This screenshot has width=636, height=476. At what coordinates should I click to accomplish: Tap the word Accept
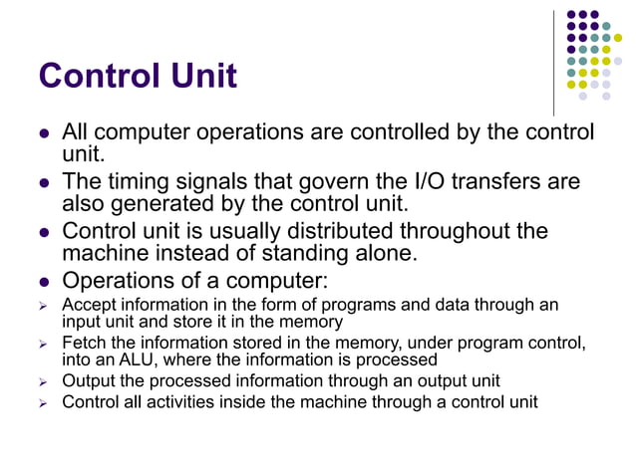click(x=88, y=305)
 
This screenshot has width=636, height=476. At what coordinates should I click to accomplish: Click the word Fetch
click(x=84, y=344)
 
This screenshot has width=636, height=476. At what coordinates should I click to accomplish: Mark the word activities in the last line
click(x=189, y=401)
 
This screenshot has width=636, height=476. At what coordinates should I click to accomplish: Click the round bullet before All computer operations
click(x=44, y=133)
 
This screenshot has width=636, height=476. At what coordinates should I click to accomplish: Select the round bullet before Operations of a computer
click(x=44, y=280)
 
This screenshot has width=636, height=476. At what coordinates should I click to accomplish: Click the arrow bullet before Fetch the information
click(x=44, y=344)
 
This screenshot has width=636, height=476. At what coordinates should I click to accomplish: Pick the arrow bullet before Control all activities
click(x=44, y=402)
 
